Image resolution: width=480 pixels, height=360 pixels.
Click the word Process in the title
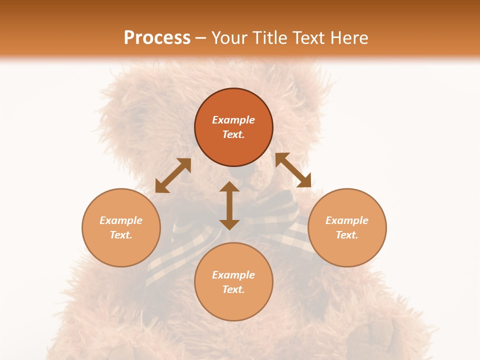[157, 37]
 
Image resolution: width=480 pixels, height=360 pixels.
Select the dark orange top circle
[233, 127]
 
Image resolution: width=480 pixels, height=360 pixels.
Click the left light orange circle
[121, 227]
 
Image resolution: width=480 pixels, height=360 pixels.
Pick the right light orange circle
[347, 227]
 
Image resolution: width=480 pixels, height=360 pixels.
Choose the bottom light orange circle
[233, 282]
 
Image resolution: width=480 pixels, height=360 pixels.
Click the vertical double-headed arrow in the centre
[229, 205]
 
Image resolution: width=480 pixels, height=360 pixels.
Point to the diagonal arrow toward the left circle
[173, 175]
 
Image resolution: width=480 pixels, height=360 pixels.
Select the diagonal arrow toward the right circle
[293, 170]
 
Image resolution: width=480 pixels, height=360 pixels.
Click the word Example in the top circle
[233, 120]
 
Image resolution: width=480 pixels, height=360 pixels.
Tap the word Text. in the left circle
[121, 235]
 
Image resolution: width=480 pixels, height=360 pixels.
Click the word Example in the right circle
[347, 220]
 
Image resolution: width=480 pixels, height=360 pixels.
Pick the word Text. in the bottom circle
[233, 289]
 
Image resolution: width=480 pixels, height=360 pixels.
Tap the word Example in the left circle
[121, 220]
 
